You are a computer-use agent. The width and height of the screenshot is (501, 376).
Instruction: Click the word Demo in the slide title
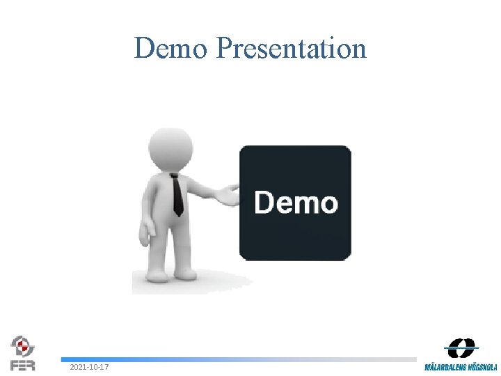pyautogui.click(x=170, y=48)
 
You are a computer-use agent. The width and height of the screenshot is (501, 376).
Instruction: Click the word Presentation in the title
pyautogui.click(x=291, y=48)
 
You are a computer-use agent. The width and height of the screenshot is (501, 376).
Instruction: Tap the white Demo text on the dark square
pyautogui.click(x=296, y=203)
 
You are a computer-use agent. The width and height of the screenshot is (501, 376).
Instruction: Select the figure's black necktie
pyautogui.click(x=177, y=195)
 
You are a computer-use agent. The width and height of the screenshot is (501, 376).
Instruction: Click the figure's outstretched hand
pyautogui.click(x=226, y=196)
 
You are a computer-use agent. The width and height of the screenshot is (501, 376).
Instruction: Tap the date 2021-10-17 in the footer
pyautogui.click(x=88, y=367)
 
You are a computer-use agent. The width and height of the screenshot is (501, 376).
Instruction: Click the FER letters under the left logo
pyautogui.click(x=22, y=365)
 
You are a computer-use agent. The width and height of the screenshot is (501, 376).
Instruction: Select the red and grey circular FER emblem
pyautogui.click(x=22, y=346)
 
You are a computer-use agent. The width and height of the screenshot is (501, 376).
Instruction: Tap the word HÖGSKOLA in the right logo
pyautogui.click(x=482, y=367)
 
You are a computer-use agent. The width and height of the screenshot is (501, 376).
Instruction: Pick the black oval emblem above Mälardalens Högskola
pyautogui.click(x=462, y=348)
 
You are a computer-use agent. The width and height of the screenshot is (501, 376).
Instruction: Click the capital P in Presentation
pyautogui.click(x=223, y=48)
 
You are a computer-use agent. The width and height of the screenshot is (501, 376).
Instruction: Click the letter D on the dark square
pyautogui.click(x=264, y=203)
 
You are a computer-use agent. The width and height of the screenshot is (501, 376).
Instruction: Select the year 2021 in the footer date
pyautogui.click(x=77, y=367)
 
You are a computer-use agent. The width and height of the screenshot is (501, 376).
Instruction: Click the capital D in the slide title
pyautogui.click(x=144, y=48)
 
